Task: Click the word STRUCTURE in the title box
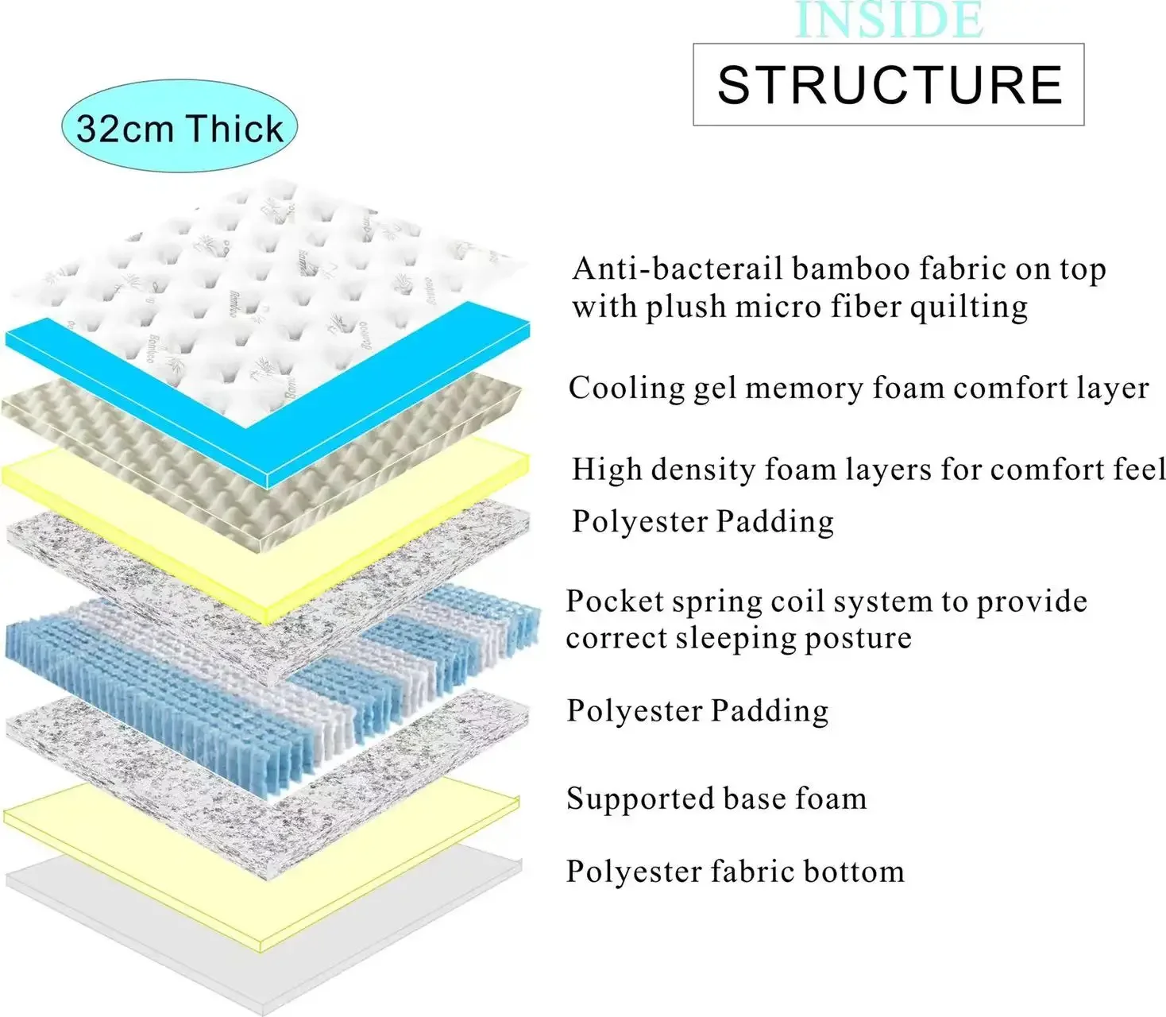tap(889, 85)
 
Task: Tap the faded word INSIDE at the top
tap(889, 21)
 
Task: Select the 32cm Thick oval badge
tap(180, 127)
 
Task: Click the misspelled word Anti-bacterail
tap(677, 269)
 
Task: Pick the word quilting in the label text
tap(968, 307)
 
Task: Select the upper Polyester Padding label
tap(703, 521)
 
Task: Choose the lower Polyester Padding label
tap(697, 710)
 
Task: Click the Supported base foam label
tap(716, 799)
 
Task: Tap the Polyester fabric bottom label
tap(735, 872)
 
